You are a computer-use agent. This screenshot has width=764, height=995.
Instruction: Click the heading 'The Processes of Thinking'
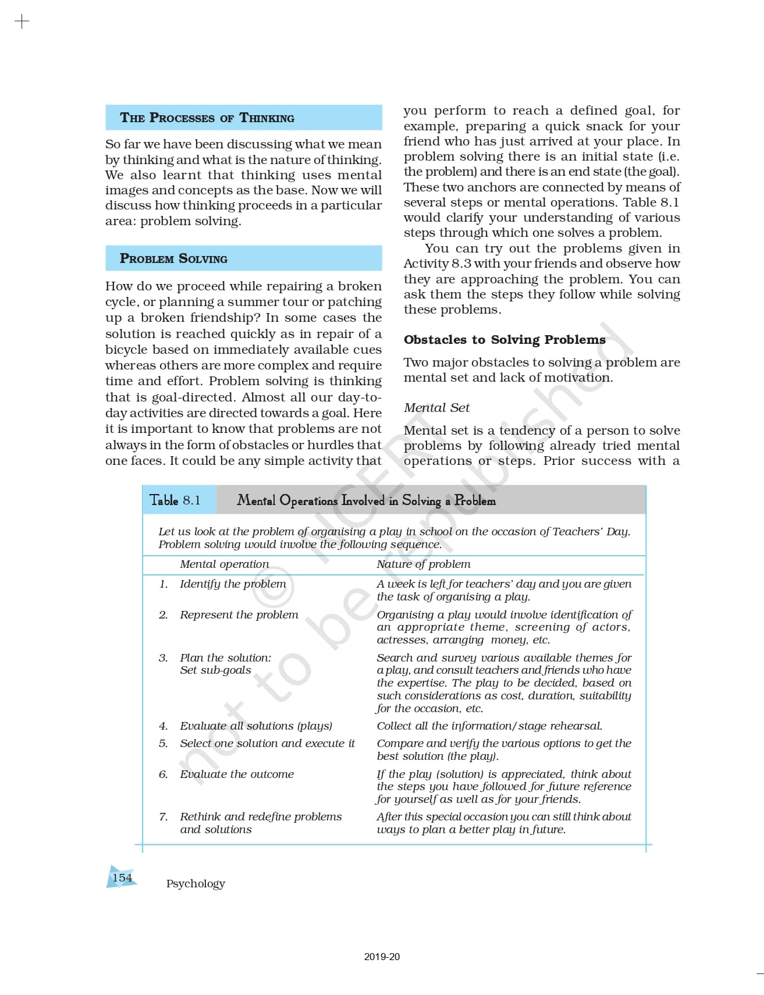pos(207,118)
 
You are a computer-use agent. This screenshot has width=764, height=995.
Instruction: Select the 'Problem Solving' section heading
pos(173,258)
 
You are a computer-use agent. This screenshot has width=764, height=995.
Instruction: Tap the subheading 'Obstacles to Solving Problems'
pos(504,339)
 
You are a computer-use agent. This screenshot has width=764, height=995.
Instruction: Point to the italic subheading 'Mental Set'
pos(436,407)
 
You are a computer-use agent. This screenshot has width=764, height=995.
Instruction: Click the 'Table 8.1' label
pos(175,500)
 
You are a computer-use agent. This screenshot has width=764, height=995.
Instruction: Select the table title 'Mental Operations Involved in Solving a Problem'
pos(366,500)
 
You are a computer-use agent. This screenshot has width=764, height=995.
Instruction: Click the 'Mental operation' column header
pos(224,564)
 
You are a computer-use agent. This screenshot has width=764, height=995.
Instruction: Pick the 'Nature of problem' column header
pos(423,564)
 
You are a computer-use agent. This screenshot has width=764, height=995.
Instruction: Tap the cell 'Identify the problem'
pos(233,584)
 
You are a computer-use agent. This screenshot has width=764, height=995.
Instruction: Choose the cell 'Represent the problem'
pos(239,614)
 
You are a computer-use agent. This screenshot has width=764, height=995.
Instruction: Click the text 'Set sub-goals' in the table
pos(215,670)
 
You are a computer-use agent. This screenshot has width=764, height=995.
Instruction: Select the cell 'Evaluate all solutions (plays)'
pos(256,726)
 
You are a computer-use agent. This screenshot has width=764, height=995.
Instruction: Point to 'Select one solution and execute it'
pos(267,743)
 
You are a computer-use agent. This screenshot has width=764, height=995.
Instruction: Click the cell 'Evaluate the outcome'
pos(237,774)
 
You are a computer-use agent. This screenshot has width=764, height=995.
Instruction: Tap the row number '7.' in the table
pos(164,816)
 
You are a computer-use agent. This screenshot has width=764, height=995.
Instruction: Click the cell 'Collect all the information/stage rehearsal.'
pos(489,726)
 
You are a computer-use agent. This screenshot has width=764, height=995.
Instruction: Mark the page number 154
pos(122,877)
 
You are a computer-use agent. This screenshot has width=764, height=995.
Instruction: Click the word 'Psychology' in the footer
pos(196,883)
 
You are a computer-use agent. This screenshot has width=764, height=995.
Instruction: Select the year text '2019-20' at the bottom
pos(382,957)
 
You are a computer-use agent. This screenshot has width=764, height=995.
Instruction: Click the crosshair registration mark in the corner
pos(22,22)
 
